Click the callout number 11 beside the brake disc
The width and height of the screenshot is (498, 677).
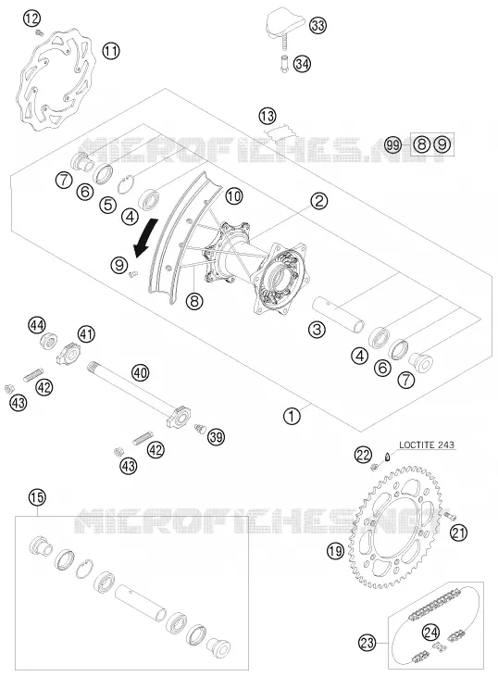[111, 51]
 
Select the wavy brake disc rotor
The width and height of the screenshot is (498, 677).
[55, 81]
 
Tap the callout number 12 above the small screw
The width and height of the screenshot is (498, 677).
[31, 19]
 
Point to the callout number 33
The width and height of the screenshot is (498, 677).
[317, 26]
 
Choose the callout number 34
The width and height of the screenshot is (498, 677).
[302, 64]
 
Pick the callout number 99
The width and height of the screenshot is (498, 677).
[392, 144]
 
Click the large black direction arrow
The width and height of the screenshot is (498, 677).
[145, 237]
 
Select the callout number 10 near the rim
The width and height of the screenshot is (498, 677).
[234, 196]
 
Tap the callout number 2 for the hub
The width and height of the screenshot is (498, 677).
[319, 201]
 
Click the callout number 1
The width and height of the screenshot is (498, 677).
[292, 416]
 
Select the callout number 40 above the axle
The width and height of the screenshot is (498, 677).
[141, 372]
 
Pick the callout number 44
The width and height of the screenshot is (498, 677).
[37, 325]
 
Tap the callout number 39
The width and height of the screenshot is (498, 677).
[216, 437]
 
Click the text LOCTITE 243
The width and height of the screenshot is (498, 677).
[427, 445]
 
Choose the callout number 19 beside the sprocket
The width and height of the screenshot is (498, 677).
[335, 550]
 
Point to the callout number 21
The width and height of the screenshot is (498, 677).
[458, 533]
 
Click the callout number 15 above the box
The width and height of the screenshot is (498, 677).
[37, 497]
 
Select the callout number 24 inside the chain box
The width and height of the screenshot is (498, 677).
[430, 633]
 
